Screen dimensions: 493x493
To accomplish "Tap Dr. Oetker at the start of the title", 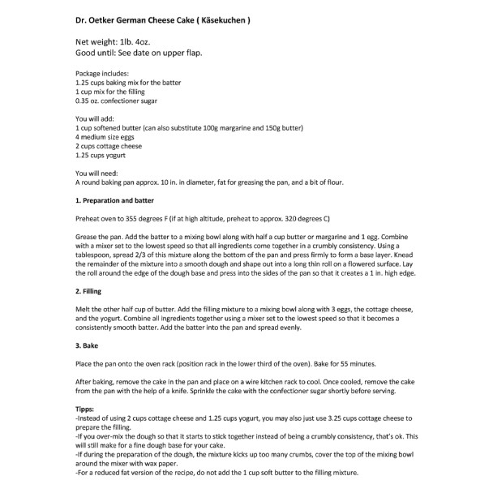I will pos(90,19).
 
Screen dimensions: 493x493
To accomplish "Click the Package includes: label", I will pos(102,74).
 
